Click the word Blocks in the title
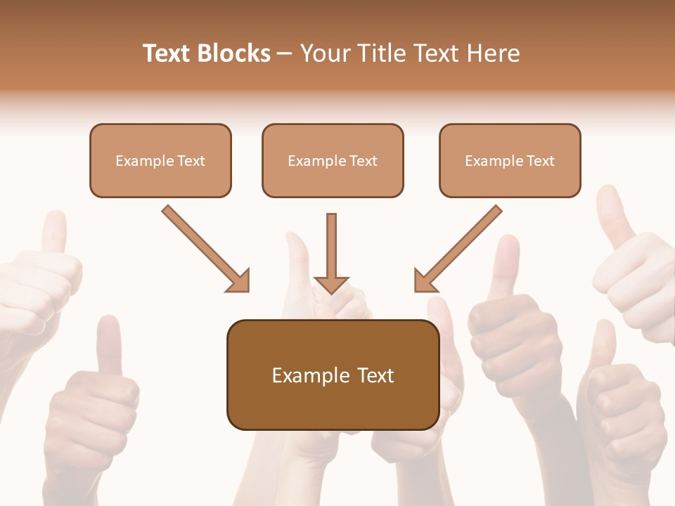point(233,53)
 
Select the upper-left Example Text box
point(160,160)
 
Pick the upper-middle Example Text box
point(333,160)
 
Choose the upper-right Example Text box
point(510,160)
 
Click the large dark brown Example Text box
point(333,375)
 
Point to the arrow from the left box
point(204,247)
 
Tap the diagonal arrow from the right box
point(460,247)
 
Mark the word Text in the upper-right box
point(541,161)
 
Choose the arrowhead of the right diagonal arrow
point(424,282)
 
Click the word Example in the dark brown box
point(311,375)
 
